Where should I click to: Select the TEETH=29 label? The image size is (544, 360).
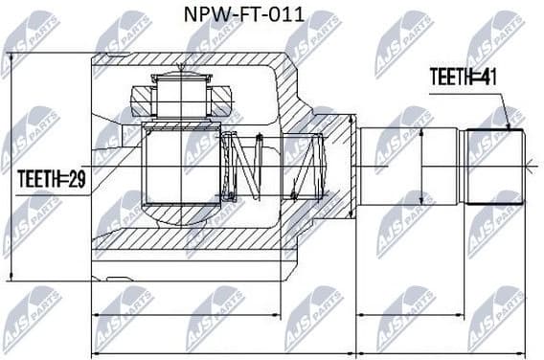coord(50,177)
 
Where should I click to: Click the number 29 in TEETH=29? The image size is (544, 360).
coord(75,177)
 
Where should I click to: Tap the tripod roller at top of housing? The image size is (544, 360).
coord(178,95)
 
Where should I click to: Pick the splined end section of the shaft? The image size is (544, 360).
coord(492,167)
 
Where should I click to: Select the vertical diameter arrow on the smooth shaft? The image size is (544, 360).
coord(420,167)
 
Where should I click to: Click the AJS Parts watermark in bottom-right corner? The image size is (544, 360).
coord(498,316)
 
